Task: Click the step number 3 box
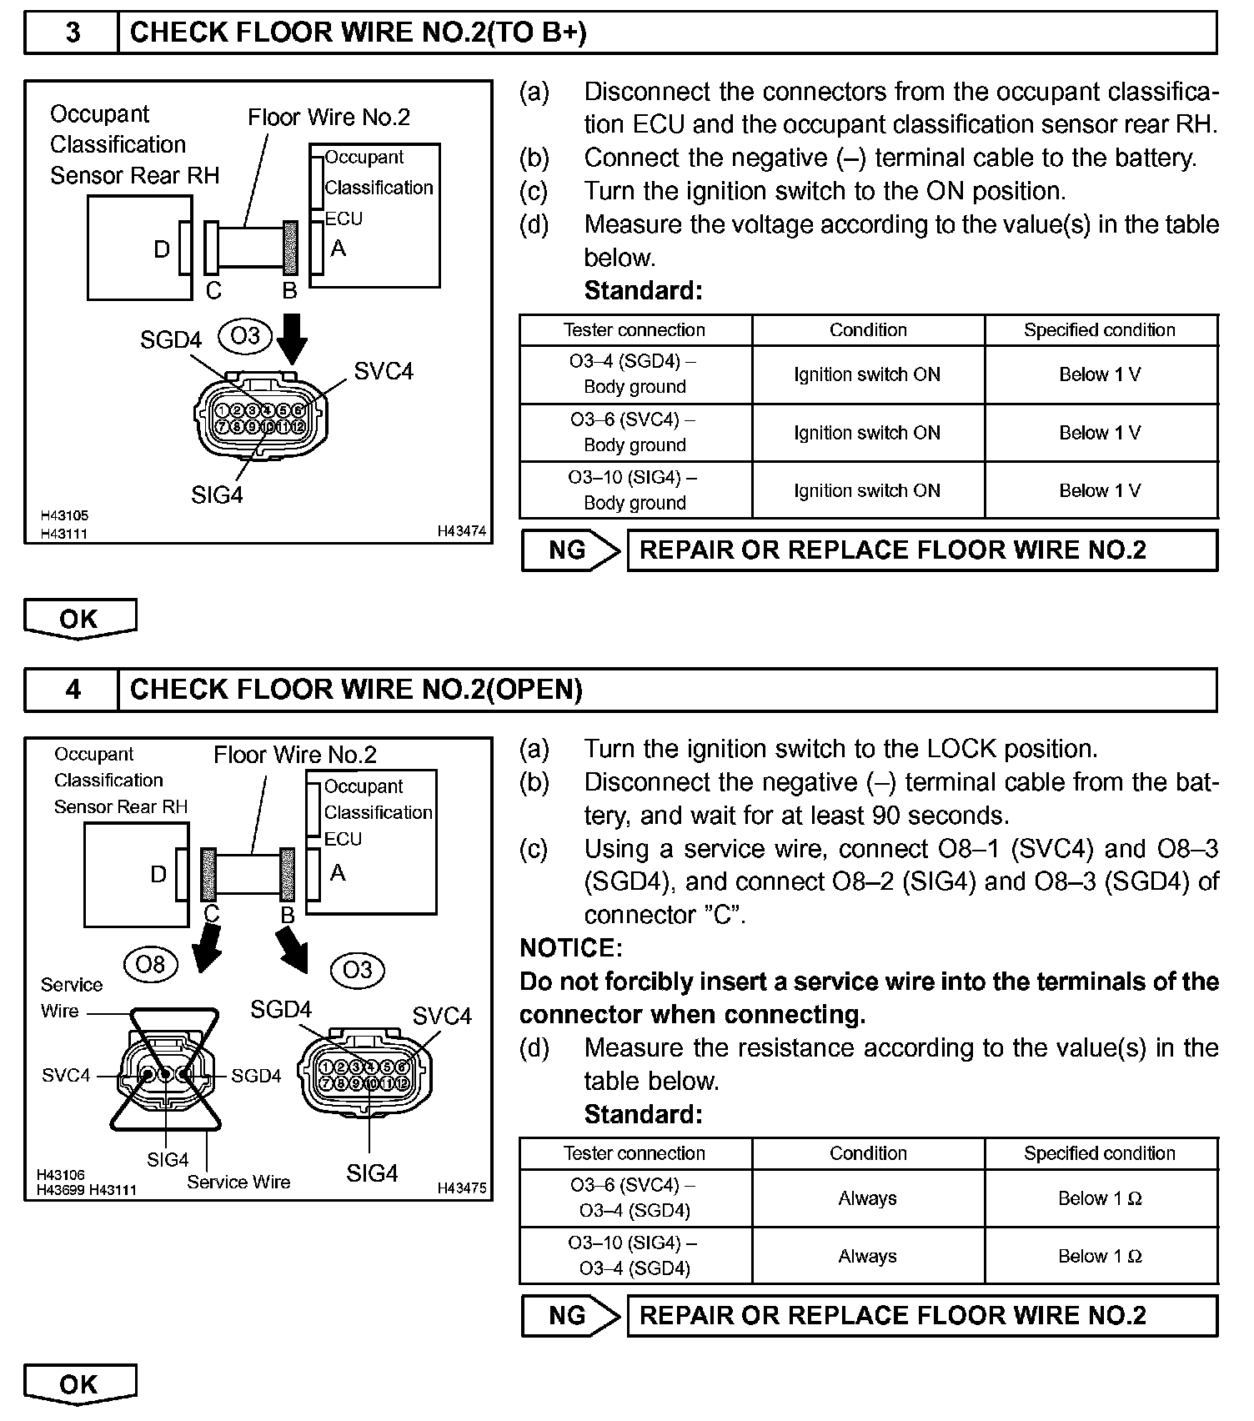coord(73,33)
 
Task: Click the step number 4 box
coord(73,690)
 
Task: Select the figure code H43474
coord(461,531)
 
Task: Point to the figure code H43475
coord(461,1188)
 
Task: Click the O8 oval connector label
coord(150,965)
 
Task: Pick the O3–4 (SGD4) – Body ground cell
coord(635,374)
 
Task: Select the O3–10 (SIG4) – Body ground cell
coord(635,490)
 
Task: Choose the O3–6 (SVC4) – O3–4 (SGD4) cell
coord(635,1198)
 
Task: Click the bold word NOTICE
coord(570,948)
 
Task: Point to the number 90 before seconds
coord(887,816)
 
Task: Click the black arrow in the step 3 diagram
coord(292,338)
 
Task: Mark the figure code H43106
coord(61,1175)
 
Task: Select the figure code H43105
coord(63,516)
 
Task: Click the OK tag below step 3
coord(79,620)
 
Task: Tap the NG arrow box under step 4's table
coord(570,1316)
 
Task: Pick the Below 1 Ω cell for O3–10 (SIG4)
coord(1100,1256)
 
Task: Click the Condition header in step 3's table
coord(868,330)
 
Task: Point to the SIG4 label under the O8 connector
coord(168,1160)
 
